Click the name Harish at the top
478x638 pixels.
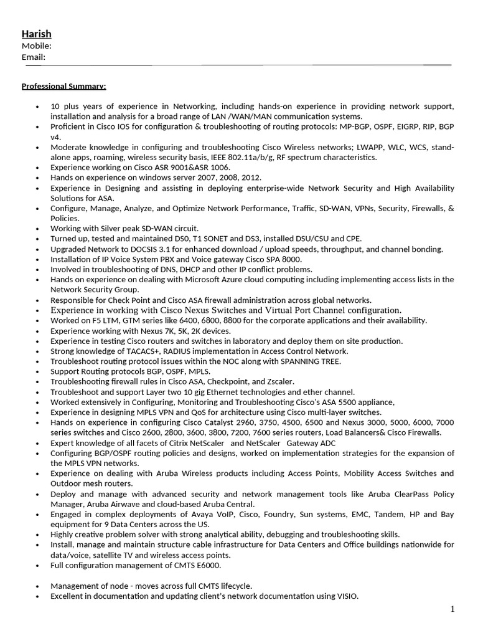tap(37, 34)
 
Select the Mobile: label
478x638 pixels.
tap(36, 45)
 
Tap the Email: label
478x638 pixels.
tap(34, 57)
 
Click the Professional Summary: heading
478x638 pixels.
tap(63, 85)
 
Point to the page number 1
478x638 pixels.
tap(452, 609)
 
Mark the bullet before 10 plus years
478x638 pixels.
tap(38, 107)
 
